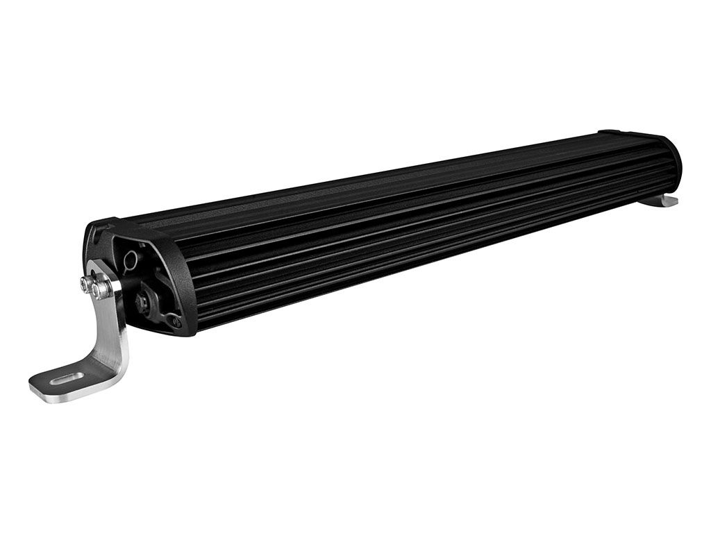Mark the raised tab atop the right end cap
coord(612,133)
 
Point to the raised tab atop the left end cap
coord(97,225)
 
